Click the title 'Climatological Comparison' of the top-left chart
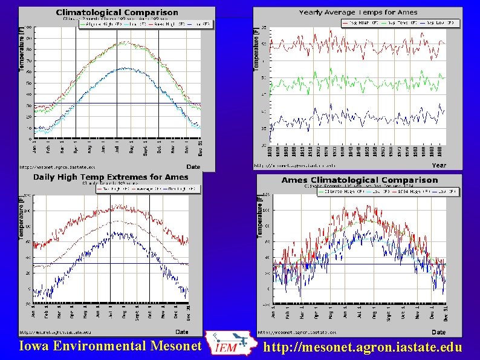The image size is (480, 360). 117,12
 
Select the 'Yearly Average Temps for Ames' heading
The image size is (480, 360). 358,13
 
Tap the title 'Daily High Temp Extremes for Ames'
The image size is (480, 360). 110,177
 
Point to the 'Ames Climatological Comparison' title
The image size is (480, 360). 359,180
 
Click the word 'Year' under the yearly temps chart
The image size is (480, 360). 439,165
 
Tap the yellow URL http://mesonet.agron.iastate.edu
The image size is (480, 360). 363,347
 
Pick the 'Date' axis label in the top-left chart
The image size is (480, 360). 193,166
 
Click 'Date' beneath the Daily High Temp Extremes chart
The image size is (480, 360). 182,332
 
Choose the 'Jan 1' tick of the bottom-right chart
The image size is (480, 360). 274,313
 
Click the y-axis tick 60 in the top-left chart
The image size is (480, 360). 29,72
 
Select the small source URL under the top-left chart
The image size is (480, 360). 57,166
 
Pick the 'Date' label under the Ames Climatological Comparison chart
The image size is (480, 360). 438,332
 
